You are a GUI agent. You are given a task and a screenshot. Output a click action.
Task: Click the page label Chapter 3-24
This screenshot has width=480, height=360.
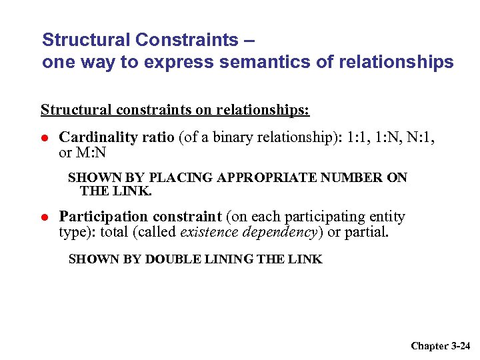440,345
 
